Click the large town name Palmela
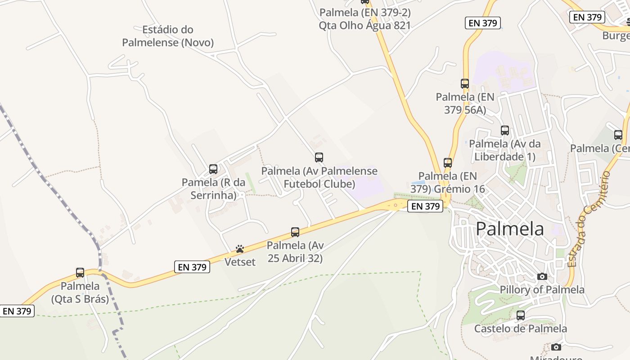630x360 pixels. point(509,229)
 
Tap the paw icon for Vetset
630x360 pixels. point(240,249)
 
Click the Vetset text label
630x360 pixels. point(240,262)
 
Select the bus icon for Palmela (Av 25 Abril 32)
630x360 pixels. point(295,232)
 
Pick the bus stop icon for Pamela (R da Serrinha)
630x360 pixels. point(213,169)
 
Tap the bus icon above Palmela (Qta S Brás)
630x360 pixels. point(80,273)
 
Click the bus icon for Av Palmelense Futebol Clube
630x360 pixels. point(319,157)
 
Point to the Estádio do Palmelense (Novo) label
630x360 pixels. point(168,36)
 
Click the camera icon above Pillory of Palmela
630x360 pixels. point(542,276)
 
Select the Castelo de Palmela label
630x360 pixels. point(521,328)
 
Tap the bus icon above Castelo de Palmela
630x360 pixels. point(521,315)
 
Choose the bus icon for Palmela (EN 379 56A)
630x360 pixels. point(465,84)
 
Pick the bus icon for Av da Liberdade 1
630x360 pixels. point(505,130)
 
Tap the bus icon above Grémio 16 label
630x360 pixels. point(448,162)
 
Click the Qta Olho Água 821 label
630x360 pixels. point(365,25)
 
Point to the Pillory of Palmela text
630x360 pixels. point(542,289)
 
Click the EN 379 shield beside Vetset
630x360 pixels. point(193,267)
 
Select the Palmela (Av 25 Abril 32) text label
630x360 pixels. point(295,252)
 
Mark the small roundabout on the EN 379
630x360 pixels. point(396,205)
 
